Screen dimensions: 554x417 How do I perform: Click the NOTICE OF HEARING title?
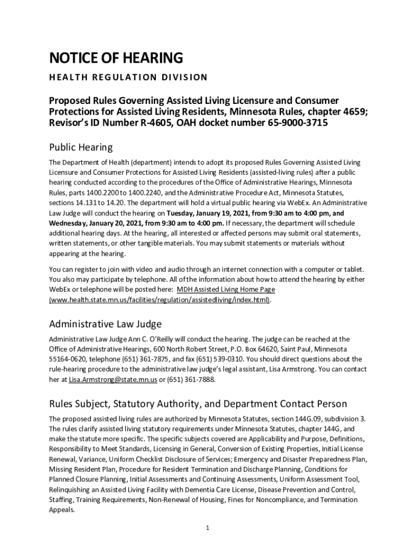[x=116, y=58]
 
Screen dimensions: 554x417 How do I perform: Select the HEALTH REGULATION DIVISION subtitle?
[x=128, y=77]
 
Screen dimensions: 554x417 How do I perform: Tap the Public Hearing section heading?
[x=81, y=147]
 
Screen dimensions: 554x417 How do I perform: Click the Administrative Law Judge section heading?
[x=105, y=324]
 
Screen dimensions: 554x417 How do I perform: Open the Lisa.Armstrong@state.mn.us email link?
[x=113, y=380]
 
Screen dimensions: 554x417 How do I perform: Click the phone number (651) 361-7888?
[x=191, y=380]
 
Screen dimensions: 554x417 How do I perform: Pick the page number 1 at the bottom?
[x=207, y=528]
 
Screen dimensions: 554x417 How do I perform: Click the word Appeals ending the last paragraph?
[x=62, y=510]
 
